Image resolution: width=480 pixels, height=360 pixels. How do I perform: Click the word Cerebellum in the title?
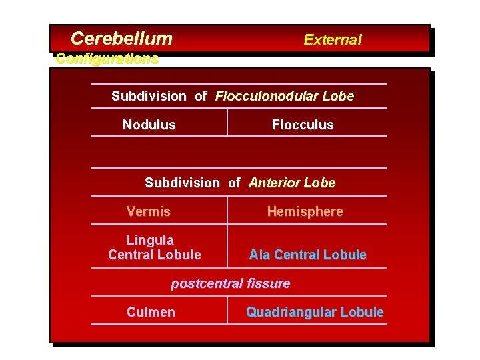click(121, 39)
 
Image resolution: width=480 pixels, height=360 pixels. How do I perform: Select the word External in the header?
click(332, 39)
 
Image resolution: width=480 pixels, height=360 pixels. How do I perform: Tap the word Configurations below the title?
click(107, 59)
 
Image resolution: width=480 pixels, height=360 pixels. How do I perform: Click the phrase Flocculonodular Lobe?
click(284, 96)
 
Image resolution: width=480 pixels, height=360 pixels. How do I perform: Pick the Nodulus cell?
click(149, 125)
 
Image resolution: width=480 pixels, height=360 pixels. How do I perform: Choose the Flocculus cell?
click(303, 125)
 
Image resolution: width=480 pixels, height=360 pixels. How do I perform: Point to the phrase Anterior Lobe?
click(292, 183)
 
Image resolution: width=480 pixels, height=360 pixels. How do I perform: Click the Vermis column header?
click(149, 211)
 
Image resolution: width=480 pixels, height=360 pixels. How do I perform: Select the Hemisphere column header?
click(305, 211)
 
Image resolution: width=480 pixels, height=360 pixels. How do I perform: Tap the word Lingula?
click(150, 240)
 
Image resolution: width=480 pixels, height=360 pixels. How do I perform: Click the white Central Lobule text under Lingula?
click(155, 255)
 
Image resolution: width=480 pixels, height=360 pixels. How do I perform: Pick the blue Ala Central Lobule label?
click(307, 255)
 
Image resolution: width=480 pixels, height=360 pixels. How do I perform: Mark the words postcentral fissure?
click(231, 283)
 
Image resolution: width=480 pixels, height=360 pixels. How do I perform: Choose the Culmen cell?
click(151, 312)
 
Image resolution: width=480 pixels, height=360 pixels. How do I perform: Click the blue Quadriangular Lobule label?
click(315, 312)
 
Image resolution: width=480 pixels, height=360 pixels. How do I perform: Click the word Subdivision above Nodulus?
click(149, 96)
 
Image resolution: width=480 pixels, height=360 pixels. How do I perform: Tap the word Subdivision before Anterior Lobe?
click(182, 183)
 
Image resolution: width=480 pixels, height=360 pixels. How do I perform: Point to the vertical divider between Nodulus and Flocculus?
click(227, 122)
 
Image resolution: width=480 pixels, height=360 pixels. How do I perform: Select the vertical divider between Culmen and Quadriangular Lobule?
click(227, 311)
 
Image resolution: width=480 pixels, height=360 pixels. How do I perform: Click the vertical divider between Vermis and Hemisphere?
click(227, 211)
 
